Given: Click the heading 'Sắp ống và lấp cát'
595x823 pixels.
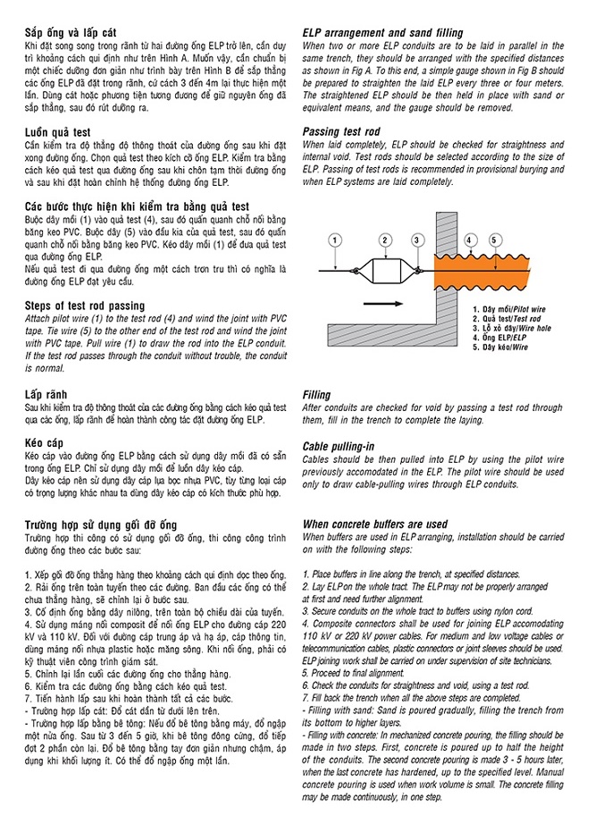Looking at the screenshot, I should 77,32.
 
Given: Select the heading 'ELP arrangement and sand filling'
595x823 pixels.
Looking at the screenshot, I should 383,32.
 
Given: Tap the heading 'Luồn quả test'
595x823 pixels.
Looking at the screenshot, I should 63,131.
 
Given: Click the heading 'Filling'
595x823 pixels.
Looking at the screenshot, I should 317,394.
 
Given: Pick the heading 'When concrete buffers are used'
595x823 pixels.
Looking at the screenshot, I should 374,524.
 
